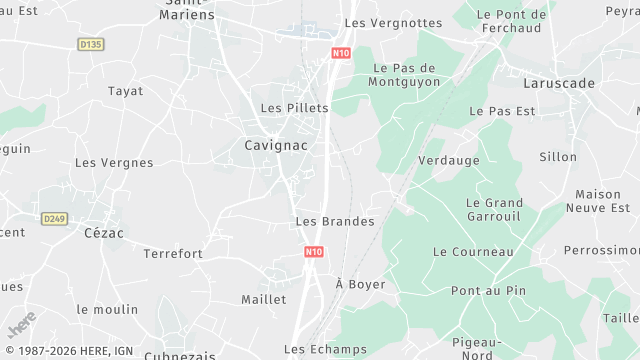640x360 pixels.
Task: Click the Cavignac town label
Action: coord(275,145)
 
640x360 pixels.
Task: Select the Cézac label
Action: coord(103,232)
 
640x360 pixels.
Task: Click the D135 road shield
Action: coord(90,44)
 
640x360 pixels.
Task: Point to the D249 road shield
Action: coord(54,217)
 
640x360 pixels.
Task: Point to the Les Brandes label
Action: coord(335,221)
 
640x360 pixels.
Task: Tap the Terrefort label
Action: coord(173,254)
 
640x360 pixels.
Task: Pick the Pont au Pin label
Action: coord(488,291)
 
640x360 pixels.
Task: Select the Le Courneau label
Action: coord(473,252)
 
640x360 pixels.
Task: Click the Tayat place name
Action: coord(125,91)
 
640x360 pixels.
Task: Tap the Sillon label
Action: coord(558,157)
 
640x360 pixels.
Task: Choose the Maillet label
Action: coord(264,299)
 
